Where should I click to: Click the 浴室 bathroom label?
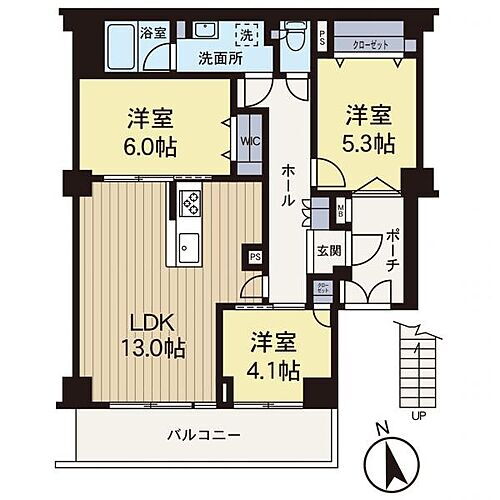(153, 32)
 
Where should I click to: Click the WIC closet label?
(249, 141)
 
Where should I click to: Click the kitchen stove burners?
(189, 206)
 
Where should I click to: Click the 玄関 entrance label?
(328, 250)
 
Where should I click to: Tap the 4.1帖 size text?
(275, 372)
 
